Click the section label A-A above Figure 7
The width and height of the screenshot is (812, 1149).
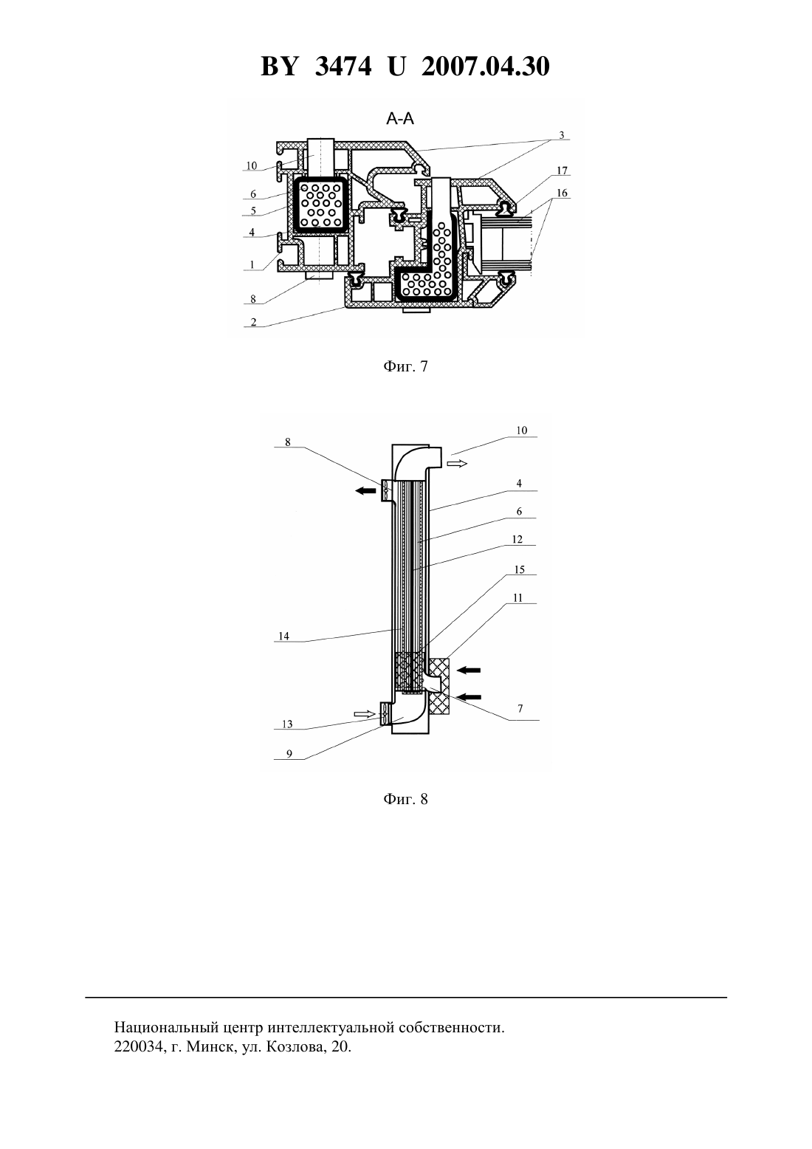pos(400,119)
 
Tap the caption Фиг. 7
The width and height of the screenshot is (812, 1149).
pos(405,366)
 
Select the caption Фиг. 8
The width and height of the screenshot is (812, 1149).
pos(405,799)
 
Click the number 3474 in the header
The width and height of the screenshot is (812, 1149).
pos(343,66)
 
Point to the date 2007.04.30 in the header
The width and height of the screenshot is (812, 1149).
pos(486,66)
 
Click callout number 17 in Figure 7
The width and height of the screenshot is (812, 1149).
pos(562,171)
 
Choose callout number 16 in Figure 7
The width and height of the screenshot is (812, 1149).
pos(562,193)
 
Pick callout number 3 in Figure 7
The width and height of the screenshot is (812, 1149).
pos(562,135)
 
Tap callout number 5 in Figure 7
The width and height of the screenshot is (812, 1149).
pos(253,210)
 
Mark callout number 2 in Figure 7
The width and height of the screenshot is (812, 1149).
pos(253,322)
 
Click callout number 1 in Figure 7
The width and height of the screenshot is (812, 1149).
pos(252,265)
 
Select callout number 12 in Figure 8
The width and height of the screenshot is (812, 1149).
pos(517,539)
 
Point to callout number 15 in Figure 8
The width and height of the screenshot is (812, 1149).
pos(519,570)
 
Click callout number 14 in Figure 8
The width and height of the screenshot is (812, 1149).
pos(283,636)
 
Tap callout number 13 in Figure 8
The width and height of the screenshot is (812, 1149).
pos(287,724)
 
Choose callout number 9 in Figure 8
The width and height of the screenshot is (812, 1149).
pos(289,753)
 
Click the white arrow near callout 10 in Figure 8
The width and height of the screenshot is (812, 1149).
pos(457,464)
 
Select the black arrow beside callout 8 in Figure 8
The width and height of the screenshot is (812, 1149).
pos(365,491)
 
